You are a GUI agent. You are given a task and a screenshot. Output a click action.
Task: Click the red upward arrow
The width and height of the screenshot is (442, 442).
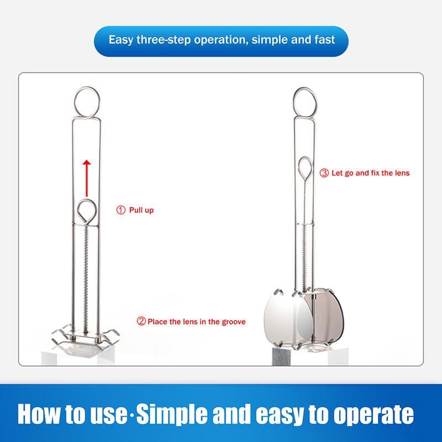(x=87, y=178)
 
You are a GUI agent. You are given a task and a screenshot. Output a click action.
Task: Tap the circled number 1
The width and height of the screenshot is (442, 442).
(x=121, y=210)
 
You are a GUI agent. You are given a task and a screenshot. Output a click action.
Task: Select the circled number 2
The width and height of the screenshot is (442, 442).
(x=141, y=321)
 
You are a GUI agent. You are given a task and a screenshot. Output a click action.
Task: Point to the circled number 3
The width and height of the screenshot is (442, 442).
(x=324, y=173)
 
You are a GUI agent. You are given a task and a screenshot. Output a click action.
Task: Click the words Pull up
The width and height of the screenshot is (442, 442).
(x=141, y=211)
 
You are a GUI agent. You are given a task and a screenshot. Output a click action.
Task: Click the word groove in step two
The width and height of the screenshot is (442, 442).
(x=234, y=322)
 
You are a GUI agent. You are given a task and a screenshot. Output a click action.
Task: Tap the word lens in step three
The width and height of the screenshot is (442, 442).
(x=402, y=173)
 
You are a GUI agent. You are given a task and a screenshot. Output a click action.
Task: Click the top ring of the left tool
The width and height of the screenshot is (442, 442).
(x=87, y=87)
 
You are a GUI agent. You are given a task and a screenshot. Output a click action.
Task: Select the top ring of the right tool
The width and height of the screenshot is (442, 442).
(x=305, y=88)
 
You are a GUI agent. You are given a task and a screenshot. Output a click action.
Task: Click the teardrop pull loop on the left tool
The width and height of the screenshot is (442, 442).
(x=87, y=200)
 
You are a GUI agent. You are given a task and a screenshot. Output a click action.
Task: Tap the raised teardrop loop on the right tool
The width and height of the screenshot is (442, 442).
(x=306, y=157)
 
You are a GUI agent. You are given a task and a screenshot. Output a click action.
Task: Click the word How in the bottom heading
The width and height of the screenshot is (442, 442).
(x=39, y=413)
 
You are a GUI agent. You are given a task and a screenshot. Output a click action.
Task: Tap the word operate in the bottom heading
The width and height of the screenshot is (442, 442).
(x=373, y=415)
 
